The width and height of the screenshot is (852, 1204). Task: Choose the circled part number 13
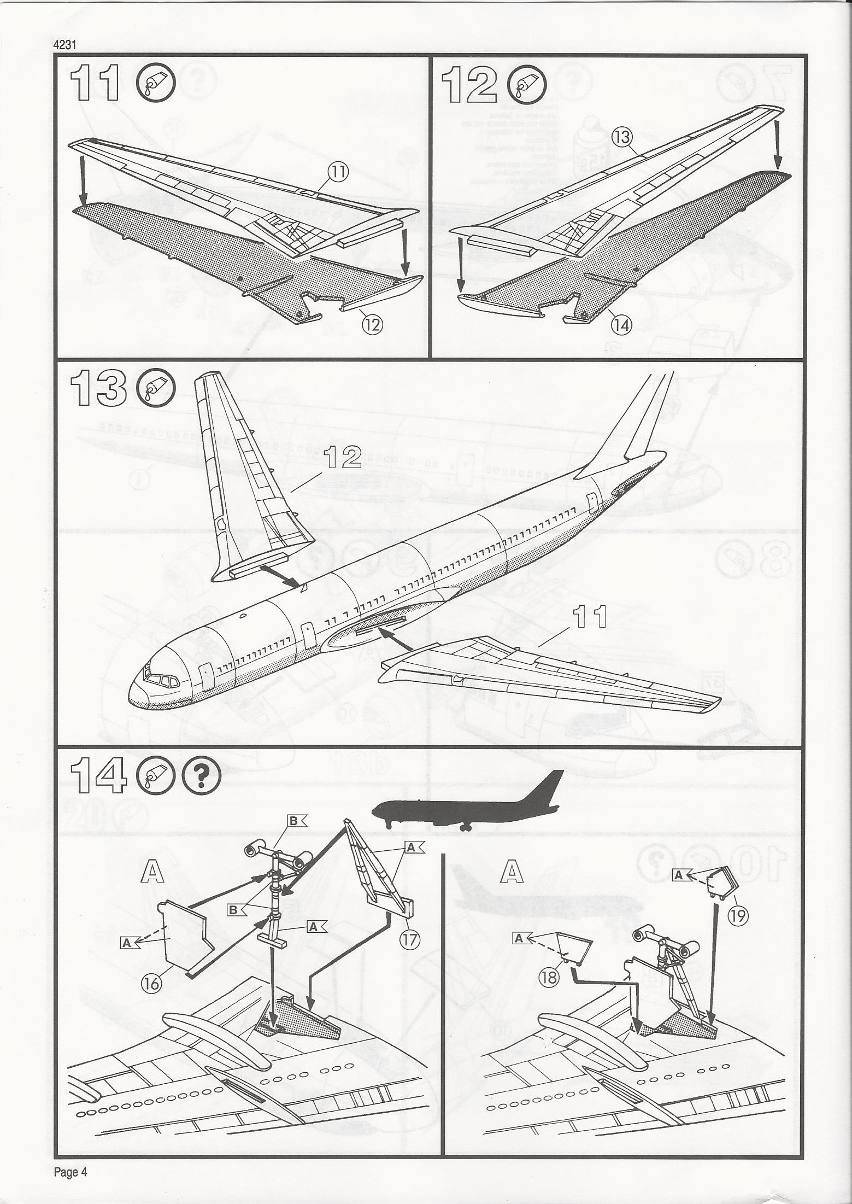pyautogui.click(x=622, y=138)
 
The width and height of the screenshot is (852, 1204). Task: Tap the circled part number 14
pyautogui.click(x=622, y=325)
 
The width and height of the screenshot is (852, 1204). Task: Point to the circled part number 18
pyautogui.click(x=549, y=977)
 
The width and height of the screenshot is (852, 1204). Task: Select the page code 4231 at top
pyautogui.click(x=63, y=46)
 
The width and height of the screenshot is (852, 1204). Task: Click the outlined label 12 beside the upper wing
pyautogui.click(x=342, y=457)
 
